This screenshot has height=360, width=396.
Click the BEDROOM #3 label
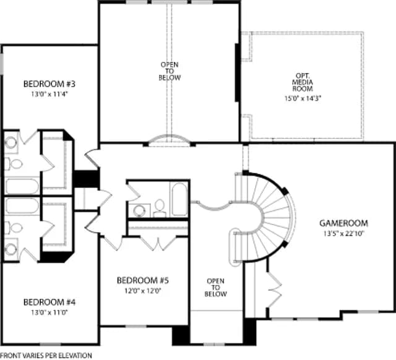pos(49,84)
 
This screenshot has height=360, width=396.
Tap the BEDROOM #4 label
pos(49,302)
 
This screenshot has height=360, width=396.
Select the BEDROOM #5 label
pos(143,280)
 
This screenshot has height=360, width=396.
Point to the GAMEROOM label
pos(344,223)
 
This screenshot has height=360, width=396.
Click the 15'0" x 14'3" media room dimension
pos(303,98)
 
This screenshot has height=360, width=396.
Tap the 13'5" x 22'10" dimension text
pos(343,234)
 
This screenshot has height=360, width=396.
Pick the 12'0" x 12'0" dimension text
pos(143,291)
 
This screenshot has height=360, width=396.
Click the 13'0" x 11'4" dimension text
pos(49,94)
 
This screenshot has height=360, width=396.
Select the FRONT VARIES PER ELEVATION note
pos(46,356)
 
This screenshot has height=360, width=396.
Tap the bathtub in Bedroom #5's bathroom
pos(179,199)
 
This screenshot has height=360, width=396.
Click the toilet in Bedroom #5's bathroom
pos(160,208)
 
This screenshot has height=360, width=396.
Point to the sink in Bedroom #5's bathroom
pos(139,210)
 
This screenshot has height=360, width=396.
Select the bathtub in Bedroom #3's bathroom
pos(22,186)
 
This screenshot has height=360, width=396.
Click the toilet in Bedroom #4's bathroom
pos(14,228)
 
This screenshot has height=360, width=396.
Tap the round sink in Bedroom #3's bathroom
pos(11,142)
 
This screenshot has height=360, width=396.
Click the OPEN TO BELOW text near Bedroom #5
pos(216,288)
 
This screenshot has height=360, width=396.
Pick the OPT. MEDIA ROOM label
pos(303,82)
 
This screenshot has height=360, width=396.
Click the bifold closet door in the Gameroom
pos(275,289)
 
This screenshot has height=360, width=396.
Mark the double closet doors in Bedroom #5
pos(158,244)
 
